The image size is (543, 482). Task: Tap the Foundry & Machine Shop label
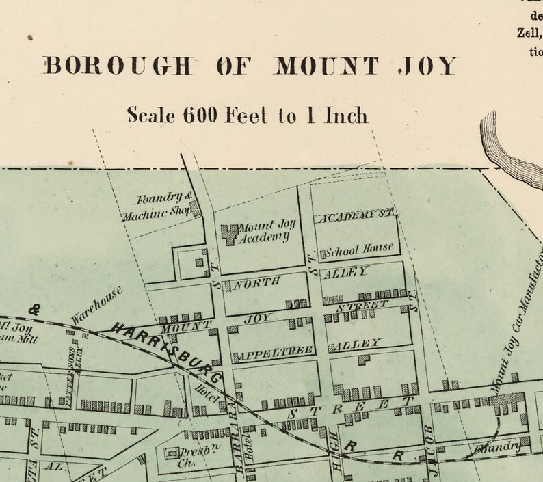click(x=158, y=206)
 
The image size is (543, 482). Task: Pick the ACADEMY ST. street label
click(x=356, y=216)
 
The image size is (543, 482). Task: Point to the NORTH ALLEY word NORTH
click(x=256, y=282)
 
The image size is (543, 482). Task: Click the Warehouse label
click(x=96, y=305)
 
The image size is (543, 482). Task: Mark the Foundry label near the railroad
click(x=499, y=446)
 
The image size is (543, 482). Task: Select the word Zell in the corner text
click(x=527, y=31)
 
